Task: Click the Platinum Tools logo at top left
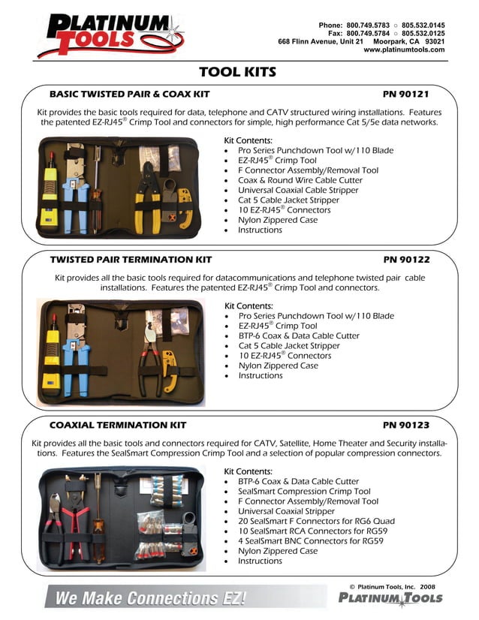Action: pyautogui.click(x=109, y=35)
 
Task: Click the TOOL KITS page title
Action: pyautogui.click(x=237, y=72)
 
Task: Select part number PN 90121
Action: pyautogui.click(x=405, y=95)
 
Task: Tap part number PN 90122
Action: pyautogui.click(x=406, y=260)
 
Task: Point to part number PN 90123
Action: pyautogui.click(x=406, y=425)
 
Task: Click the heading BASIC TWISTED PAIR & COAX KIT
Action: pyautogui.click(x=129, y=95)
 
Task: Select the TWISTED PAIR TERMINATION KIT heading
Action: pyautogui.click(x=131, y=260)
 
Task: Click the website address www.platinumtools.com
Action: pyautogui.click(x=404, y=50)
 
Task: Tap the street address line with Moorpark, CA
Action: pyautogui.click(x=361, y=41)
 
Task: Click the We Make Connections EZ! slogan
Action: pyautogui.click(x=146, y=599)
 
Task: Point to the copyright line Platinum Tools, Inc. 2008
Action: pyautogui.click(x=391, y=586)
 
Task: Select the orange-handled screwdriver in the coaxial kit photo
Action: pyautogui.click(x=98, y=518)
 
